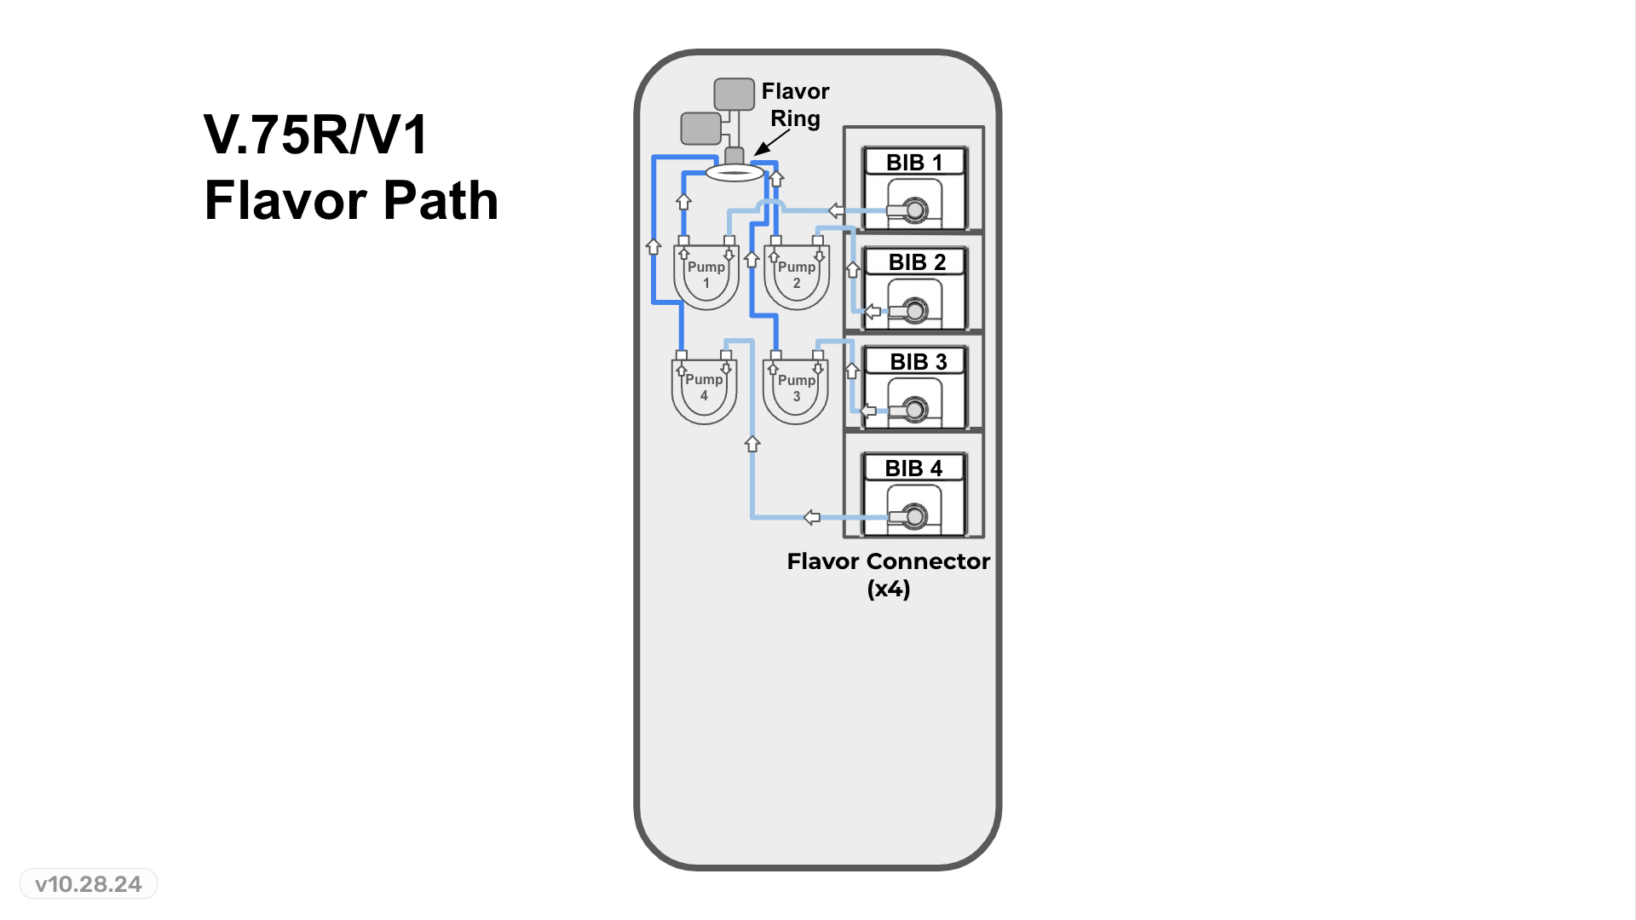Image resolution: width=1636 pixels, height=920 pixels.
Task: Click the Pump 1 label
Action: coord(706,274)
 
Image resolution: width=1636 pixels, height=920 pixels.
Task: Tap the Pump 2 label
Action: coord(796,274)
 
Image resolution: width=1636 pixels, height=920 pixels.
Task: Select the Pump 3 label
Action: coord(796,388)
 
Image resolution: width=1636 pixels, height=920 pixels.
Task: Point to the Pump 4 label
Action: coord(704,387)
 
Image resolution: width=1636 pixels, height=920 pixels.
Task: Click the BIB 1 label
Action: coord(913,162)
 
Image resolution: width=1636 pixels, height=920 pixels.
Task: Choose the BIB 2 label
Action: coord(917,262)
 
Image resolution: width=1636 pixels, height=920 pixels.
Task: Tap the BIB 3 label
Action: coord(918,361)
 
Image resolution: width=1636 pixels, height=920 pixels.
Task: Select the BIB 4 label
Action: coord(913,468)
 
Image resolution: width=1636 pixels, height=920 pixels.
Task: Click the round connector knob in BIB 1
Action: coord(915,210)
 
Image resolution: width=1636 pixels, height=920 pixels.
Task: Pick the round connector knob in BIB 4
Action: coord(915,516)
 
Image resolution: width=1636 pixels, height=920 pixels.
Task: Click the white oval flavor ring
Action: coord(734,173)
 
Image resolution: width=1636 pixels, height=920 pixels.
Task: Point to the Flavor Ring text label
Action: coord(795,104)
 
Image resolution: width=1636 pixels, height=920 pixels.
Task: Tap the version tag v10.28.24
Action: coord(89,884)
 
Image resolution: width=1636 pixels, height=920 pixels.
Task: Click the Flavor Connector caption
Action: coord(888,561)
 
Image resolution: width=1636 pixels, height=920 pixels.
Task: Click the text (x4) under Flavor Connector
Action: coord(888,589)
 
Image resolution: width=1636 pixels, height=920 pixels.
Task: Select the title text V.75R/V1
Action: coord(315,135)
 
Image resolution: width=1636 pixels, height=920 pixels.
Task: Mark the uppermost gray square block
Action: coord(734,94)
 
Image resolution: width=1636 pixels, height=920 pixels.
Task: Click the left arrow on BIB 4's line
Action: coord(812,517)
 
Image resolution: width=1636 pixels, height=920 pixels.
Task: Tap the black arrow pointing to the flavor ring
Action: coord(769,143)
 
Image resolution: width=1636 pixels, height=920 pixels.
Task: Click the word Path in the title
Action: coord(440,201)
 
